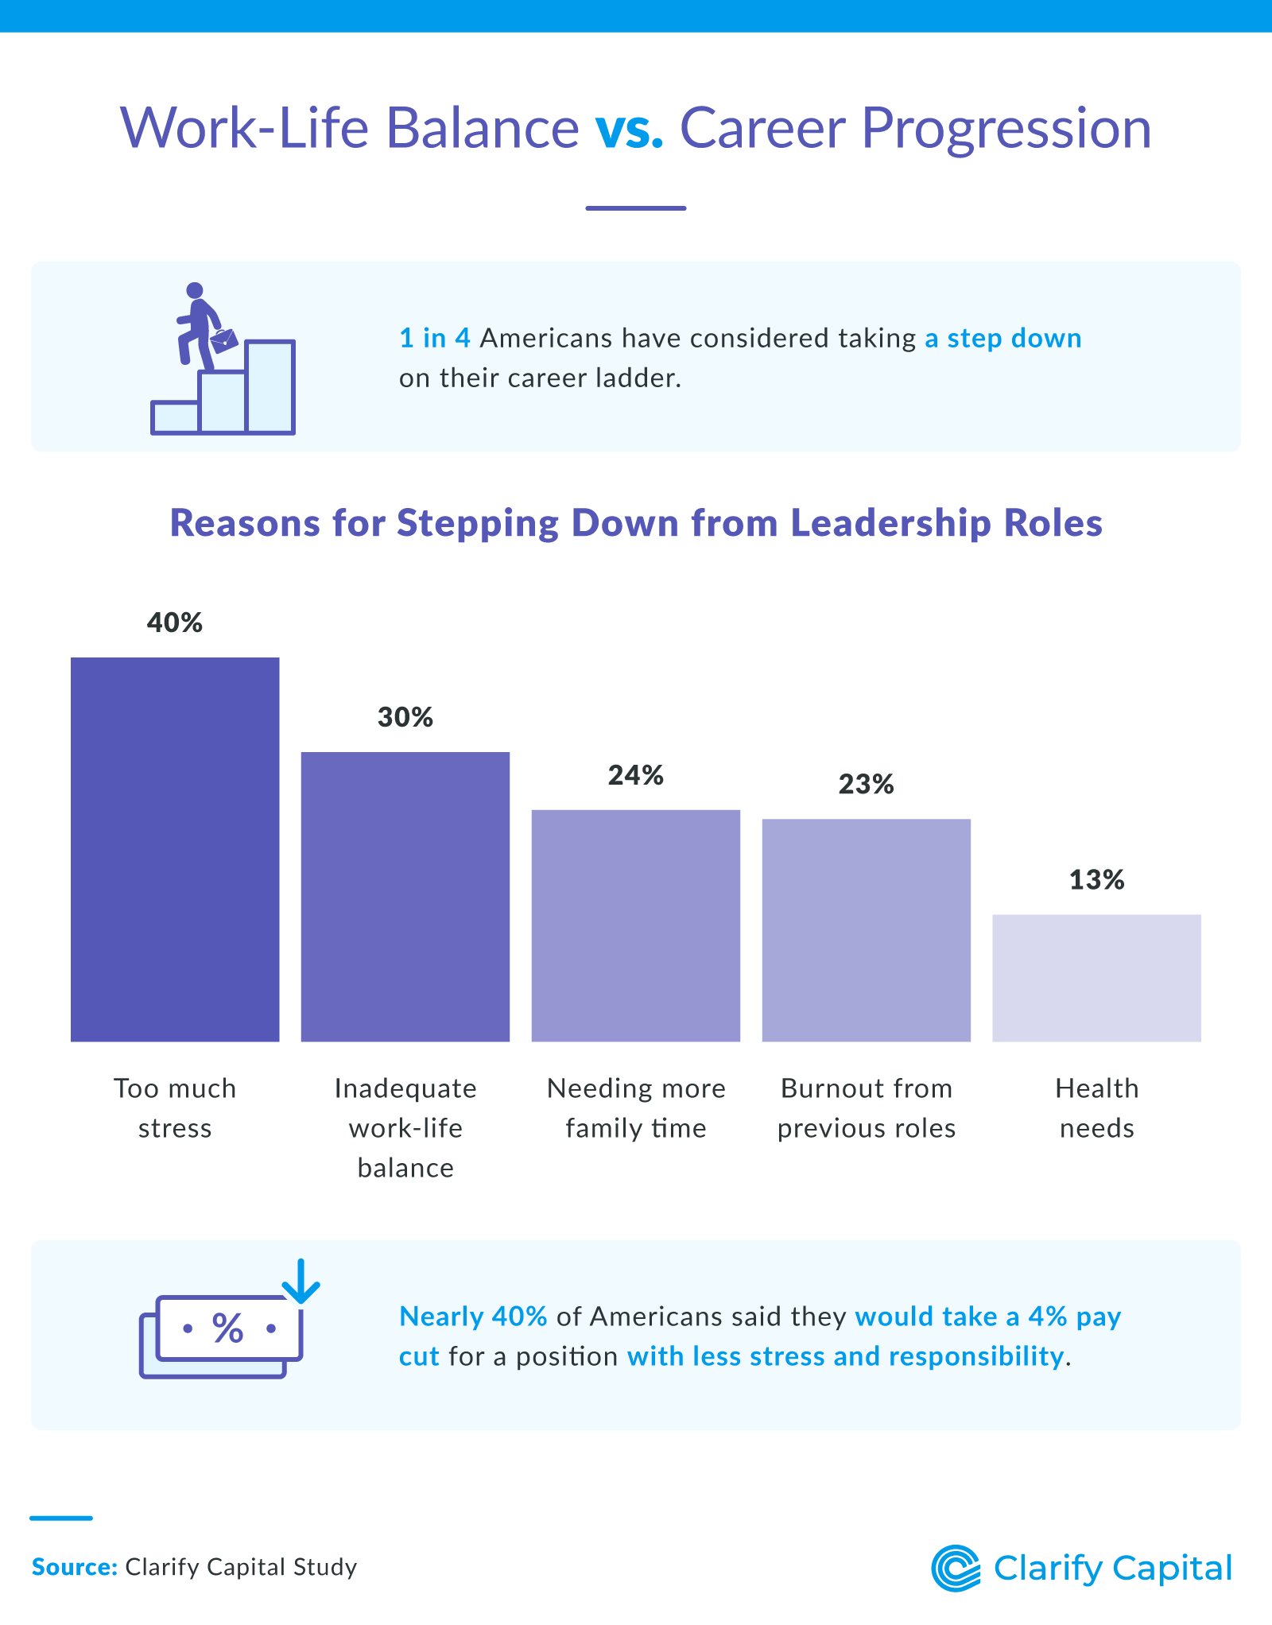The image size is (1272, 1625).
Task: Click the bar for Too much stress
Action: tap(175, 849)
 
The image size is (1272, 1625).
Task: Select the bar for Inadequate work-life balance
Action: tap(405, 897)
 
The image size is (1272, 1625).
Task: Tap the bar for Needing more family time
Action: tap(636, 925)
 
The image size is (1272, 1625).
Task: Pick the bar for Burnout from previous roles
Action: tap(867, 930)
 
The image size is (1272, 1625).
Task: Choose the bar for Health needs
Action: tap(1097, 978)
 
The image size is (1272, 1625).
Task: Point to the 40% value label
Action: tap(175, 622)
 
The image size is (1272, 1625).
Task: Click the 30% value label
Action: tap(405, 717)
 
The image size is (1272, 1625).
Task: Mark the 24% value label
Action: tap(636, 775)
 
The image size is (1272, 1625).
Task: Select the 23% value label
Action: tap(867, 785)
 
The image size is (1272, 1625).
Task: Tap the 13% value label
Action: tap(1097, 880)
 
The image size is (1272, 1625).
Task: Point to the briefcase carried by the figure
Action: tap(224, 340)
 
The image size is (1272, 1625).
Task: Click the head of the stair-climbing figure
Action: tap(195, 291)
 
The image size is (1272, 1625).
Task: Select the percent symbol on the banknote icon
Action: tap(228, 1328)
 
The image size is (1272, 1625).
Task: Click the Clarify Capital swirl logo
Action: tap(956, 1569)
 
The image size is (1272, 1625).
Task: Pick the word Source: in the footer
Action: tap(75, 1567)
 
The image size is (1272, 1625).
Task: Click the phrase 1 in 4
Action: tap(435, 338)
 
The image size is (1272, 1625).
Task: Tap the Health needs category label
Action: tap(1097, 1108)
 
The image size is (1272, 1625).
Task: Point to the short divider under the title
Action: tap(636, 208)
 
